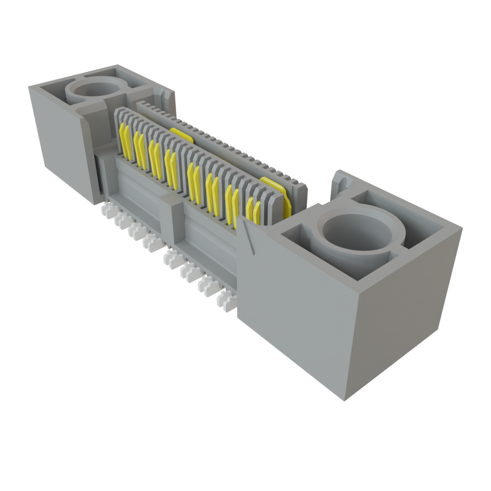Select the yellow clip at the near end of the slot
point(277,194)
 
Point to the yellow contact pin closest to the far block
point(126,141)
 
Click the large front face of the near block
point(292,307)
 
